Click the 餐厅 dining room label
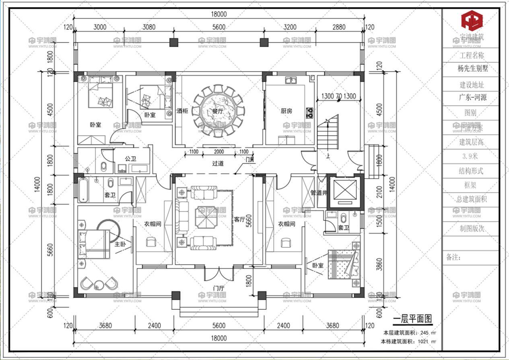tap(218, 111)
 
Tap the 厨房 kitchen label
tap(286, 111)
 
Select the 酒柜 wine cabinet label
tap(182, 111)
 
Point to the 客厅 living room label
tap(240, 220)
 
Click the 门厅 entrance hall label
tap(218, 288)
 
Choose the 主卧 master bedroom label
tap(121, 244)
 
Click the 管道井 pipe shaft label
tap(319, 193)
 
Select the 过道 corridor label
tap(218, 163)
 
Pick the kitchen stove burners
tap(309, 112)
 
